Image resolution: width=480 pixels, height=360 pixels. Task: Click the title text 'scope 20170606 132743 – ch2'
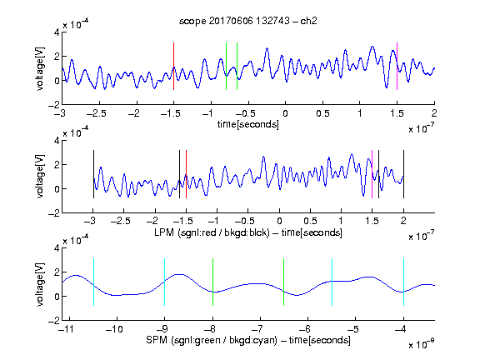click(248, 21)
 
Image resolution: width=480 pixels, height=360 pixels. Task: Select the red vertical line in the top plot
click(173, 66)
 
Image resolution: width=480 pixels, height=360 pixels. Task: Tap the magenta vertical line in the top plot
click(397, 66)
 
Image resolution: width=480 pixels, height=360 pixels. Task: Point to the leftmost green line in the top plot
click(226, 66)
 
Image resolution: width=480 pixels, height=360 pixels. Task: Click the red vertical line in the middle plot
click(186, 174)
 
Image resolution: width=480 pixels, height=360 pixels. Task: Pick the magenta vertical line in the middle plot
click(372, 174)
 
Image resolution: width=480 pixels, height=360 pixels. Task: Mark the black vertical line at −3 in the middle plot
click(93, 174)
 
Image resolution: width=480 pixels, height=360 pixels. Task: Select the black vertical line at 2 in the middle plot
click(403, 174)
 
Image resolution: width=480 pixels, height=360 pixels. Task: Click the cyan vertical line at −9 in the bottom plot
click(165, 282)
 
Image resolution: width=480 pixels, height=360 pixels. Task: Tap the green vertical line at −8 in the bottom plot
click(212, 282)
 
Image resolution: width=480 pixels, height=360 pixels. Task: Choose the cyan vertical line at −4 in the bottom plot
click(403, 282)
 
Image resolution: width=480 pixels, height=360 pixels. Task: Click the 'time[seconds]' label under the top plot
click(248, 124)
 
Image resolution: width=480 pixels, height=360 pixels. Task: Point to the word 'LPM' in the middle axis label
click(164, 232)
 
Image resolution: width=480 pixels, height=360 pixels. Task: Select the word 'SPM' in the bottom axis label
click(157, 340)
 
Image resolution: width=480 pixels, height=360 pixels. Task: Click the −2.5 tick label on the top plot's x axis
click(96, 113)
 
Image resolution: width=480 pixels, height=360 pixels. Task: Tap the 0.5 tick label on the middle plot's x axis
click(310, 221)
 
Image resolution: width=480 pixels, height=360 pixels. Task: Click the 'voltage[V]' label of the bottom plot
click(40, 284)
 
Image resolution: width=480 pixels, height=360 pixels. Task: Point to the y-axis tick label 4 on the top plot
click(57, 32)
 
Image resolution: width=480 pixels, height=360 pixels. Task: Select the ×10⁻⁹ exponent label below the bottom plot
click(421, 344)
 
